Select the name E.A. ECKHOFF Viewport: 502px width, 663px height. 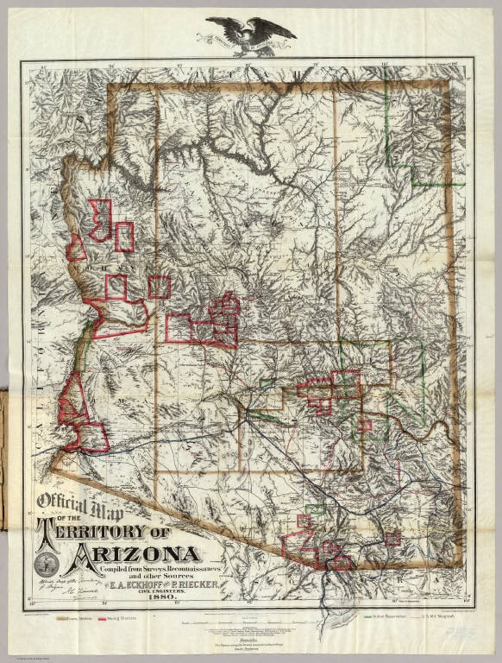(120, 585)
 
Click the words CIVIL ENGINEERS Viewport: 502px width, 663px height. (154, 591)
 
